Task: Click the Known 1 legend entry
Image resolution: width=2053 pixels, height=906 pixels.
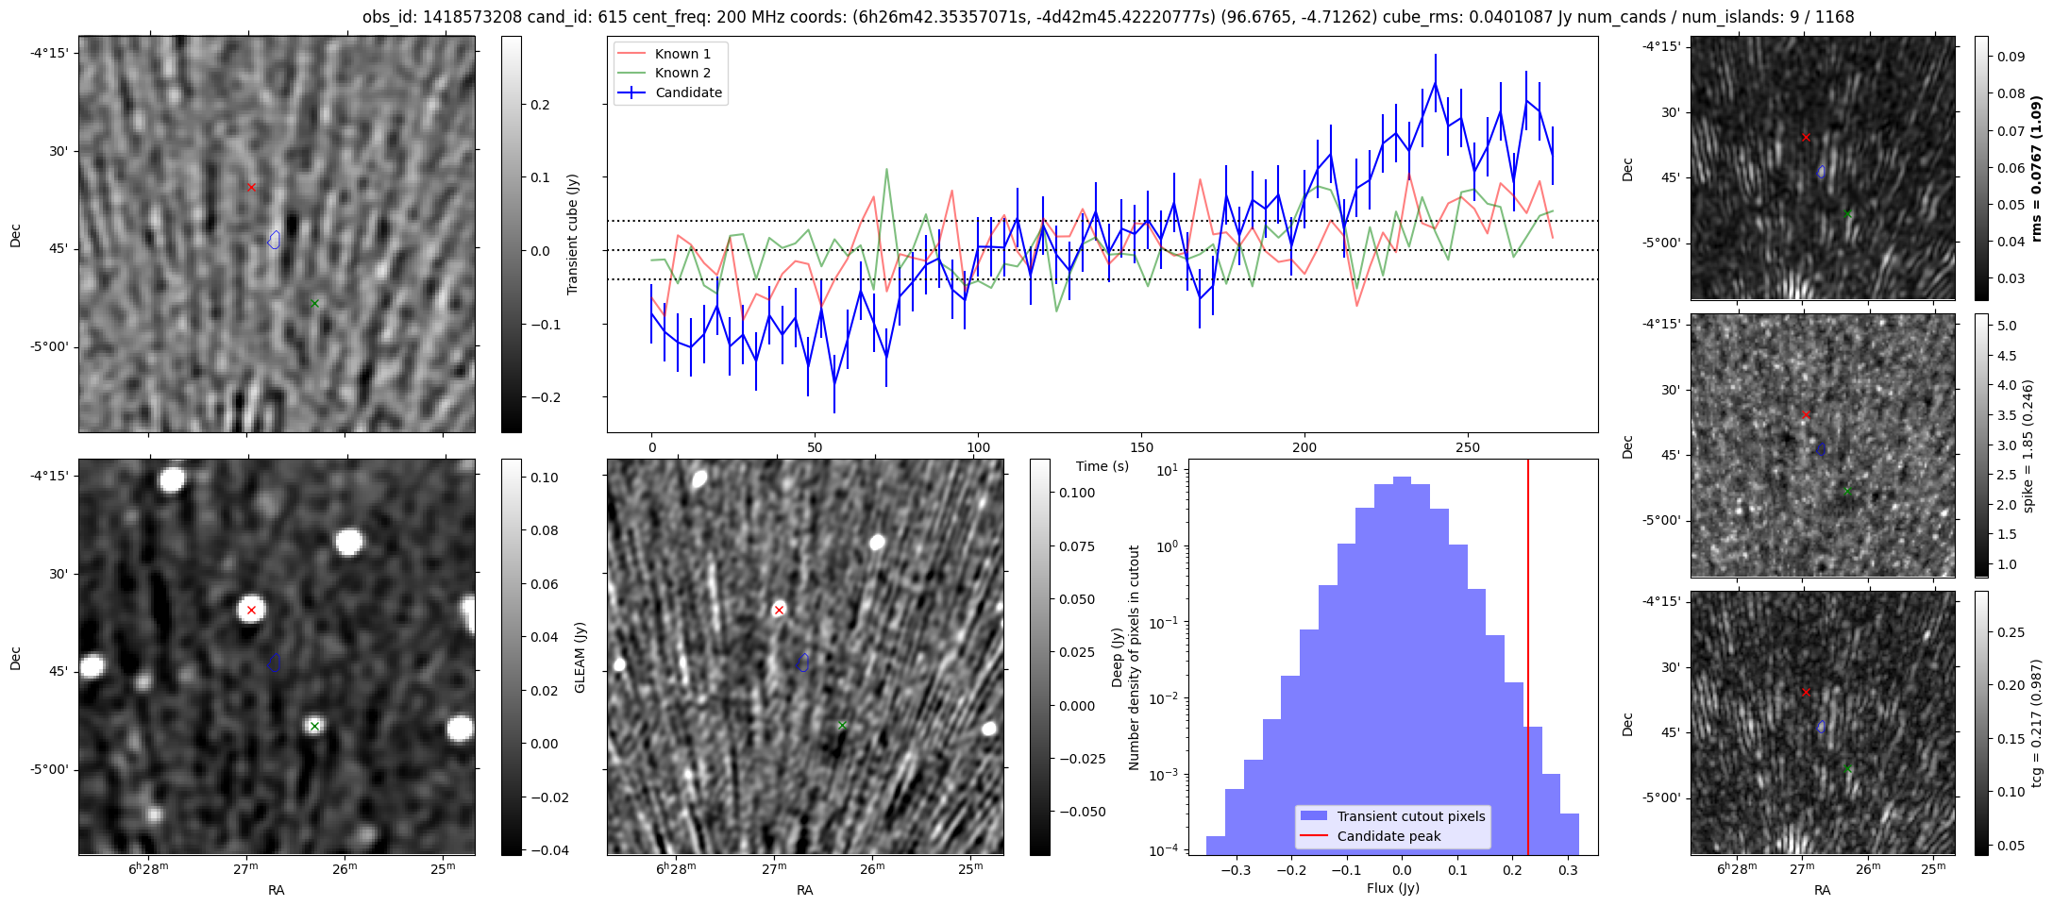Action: (x=682, y=54)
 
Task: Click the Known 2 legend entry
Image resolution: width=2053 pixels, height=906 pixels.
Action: (x=682, y=73)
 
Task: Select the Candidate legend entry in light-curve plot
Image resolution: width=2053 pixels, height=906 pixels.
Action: (x=688, y=92)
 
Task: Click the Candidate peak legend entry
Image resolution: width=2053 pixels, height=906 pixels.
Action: (x=1388, y=836)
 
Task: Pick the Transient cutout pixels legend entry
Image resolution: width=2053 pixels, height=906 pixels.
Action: (x=1410, y=816)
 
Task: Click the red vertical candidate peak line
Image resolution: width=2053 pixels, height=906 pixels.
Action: (x=1528, y=661)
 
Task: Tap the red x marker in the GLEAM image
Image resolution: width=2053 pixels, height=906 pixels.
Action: (x=251, y=610)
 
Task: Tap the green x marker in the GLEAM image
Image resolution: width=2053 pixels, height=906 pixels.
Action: (x=314, y=726)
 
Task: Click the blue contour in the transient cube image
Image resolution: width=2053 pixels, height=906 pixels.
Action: (x=274, y=240)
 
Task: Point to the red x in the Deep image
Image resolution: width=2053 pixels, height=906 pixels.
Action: (x=779, y=610)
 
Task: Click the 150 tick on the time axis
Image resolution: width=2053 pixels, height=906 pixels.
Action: (x=1141, y=447)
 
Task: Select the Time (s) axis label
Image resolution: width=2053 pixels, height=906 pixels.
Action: (x=1102, y=466)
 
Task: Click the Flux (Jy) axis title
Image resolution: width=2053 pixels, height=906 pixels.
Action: (x=1392, y=888)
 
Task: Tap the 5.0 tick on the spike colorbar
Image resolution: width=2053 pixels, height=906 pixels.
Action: (x=2007, y=326)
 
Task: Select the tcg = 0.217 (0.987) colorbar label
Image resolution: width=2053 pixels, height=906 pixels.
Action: (x=2036, y=723)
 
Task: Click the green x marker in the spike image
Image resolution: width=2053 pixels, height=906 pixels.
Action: (x=1847, y=490)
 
